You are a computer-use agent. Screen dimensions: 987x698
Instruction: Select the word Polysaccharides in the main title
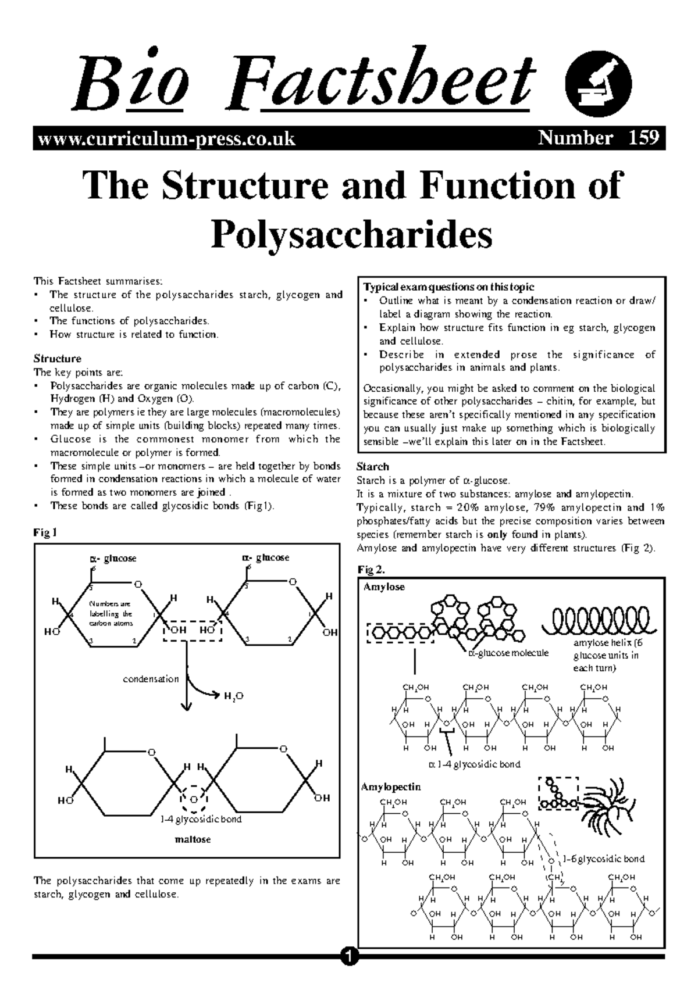(x=351, y=234)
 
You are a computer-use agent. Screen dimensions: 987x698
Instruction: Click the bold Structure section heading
(x=57, y=359)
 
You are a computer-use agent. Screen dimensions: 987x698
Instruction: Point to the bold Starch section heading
(x=372, y=467)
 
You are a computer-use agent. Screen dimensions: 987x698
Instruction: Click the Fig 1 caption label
(x=45, y=532)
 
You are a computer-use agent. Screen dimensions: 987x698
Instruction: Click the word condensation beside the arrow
(x=151, y=679)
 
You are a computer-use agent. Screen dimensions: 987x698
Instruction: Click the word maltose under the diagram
(x=193, y=839)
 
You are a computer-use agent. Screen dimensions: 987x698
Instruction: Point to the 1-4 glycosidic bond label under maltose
(x=201, y=819)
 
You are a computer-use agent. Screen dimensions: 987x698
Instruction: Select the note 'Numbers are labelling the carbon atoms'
(x=111, y=613)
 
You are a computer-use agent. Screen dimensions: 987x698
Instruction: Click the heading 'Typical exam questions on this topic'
(x=448, y=287)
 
